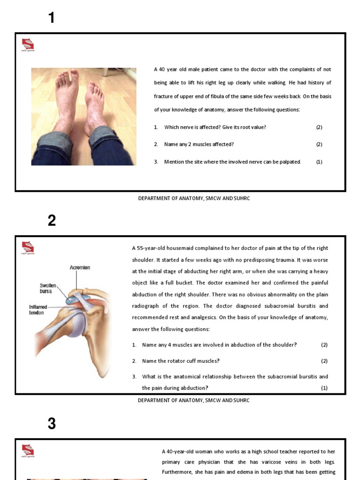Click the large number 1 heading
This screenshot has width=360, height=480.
52,18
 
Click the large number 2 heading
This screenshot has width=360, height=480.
52,220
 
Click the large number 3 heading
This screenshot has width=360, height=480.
52,424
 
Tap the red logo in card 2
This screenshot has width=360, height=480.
28,247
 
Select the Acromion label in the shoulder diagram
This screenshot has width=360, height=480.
80,268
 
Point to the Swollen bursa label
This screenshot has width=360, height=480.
48,288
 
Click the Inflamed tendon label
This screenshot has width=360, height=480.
38,310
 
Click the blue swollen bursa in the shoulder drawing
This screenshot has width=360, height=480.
74,299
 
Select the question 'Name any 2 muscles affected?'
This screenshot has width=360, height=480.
199,144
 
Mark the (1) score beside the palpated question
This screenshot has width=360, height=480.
319,162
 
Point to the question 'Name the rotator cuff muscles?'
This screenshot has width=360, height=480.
180,361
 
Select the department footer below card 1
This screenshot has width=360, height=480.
194,198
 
